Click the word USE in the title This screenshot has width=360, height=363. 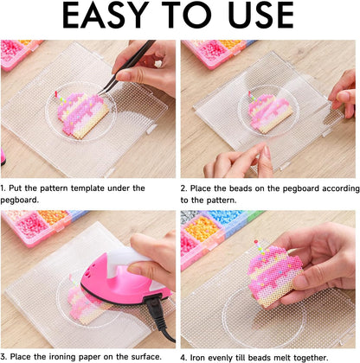coord(260,15)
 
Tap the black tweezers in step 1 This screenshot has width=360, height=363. coord(127,67)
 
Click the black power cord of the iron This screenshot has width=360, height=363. coord(158,317)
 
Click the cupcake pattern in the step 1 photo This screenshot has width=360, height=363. coord(83,115)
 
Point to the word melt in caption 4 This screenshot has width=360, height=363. coord(283,358)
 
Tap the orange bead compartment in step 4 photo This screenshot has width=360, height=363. coord(202,228)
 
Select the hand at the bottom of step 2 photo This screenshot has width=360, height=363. coord(238,161)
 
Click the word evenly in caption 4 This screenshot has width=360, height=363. coord(215,358)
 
